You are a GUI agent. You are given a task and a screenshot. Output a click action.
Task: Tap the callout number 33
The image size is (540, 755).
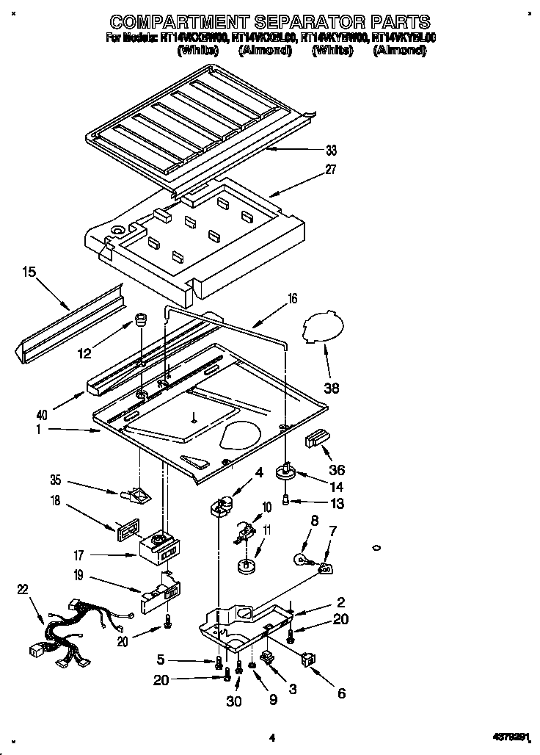[332, 151]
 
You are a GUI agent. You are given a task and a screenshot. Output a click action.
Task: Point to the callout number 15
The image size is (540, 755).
[29, 272]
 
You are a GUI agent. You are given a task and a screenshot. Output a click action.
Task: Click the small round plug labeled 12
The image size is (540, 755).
[140, 321]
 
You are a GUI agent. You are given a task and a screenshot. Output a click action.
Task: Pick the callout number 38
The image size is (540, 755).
[332, 389]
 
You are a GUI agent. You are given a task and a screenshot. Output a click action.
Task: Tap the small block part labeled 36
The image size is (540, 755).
[316, 439]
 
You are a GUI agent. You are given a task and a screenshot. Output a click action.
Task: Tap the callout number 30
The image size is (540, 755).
[233, 701]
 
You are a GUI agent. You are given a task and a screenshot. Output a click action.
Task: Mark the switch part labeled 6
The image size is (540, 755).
[309, 661]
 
